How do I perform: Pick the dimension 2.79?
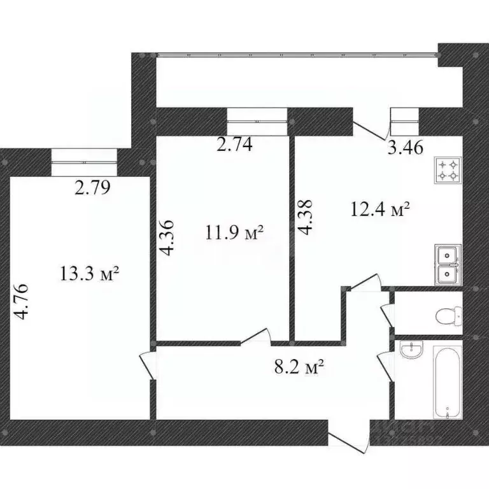pyautogui.click(x=93, y=188)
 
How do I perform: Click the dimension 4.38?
pyautogui.click(x=307, y=218)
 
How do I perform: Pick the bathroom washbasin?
pyautogui.click(x=411, y=350)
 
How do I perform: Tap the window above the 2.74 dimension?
pyautogui.click(x=257, y=120)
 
